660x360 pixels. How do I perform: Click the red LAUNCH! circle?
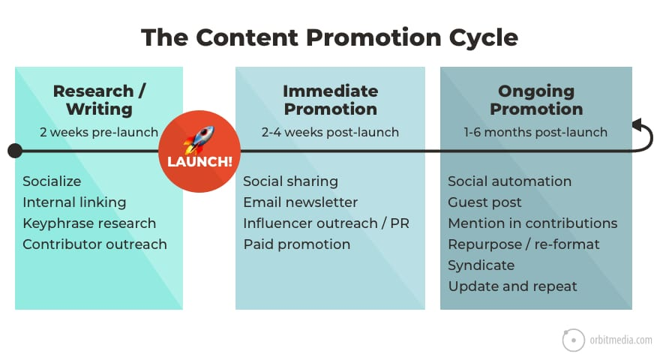pyautogui.click(x=199, y=151)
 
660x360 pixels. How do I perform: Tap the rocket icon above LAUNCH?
pyautogui.click(x=199, y=139)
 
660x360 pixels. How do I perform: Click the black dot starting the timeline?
pyautogui.click(x=14, y=151)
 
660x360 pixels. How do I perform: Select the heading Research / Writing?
pyautogui.click(x=99, y=100)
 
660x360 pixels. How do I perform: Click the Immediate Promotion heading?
pyautogui.click(x=330, y=100)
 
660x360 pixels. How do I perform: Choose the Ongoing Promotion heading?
pyautogui.click(x=536, y=100)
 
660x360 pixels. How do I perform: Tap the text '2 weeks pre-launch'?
pyautogui.click(x=99, y=133)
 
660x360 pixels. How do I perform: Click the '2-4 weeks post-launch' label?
pyautogui.click(x=330, y=133)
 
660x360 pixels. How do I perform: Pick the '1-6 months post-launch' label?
pyautogui.click(x=535, y=133)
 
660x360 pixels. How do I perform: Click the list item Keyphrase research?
pyautogui.click(x=89, y=223)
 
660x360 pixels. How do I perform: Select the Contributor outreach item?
pyautogui.click(x=94, y=244)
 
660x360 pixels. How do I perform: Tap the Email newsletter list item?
pyautogui.click(x=300, y=202)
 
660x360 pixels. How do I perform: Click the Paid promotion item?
pyautogui.click(x=296, y=244)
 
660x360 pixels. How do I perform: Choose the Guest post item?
pyautogui.click(x=484, y=202)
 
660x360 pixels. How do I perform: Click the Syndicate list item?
pyautogui.click(x=481, y=265)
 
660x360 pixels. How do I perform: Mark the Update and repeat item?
pyautogui.click(x=512, y=286)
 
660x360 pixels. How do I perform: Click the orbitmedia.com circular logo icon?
pyautogui.click(x=573, y=340)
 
